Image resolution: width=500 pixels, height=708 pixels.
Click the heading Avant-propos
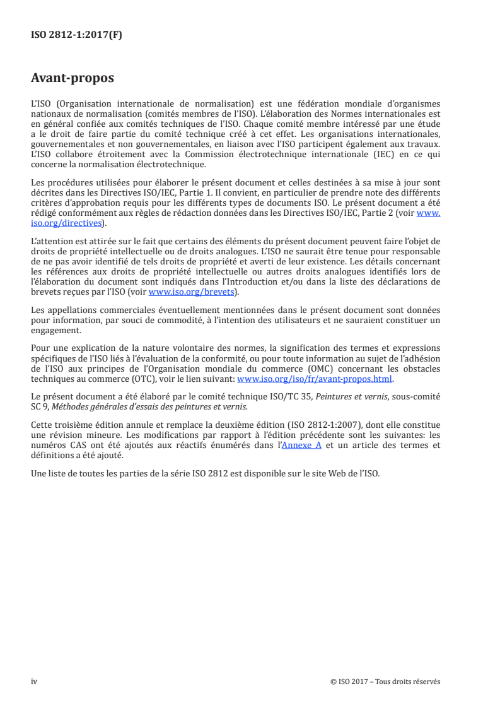(73, 78)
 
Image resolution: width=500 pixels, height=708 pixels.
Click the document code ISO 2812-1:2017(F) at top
(76, 35)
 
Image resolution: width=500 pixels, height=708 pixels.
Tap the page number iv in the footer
(35, 681)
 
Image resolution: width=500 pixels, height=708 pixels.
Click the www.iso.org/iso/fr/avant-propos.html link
(314, 379)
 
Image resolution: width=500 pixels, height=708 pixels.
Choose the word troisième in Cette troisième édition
(73, 425)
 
